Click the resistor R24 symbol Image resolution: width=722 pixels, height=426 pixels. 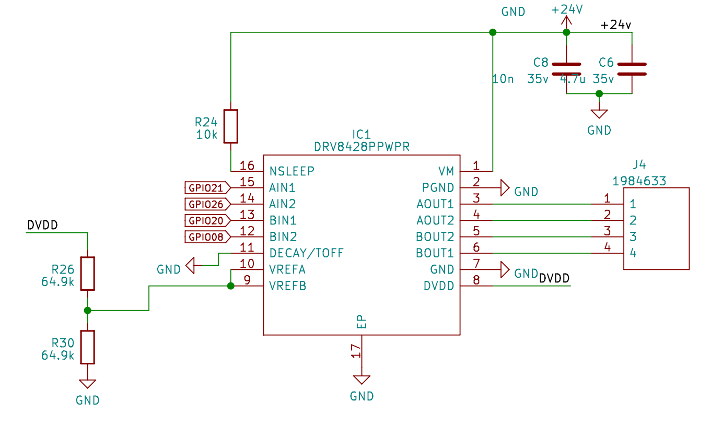click(231, 126)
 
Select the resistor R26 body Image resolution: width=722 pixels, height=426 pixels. click(87, 273)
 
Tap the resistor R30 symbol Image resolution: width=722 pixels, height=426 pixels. click(87, 347)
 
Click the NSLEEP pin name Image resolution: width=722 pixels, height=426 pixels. click(292, 171)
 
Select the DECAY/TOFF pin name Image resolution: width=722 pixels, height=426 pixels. click(307, 253)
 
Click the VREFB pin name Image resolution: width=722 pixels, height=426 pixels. click(288, 286)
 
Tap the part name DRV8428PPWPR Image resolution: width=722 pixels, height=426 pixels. click(362, 147)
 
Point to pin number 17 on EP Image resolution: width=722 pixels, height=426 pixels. click(356, 351)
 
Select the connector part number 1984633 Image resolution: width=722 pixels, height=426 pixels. click(639, 181)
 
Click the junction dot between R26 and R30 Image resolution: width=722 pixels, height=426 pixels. click(87, 310)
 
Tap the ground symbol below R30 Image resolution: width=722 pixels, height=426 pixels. click(87, 384)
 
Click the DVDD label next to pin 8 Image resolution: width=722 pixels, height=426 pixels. click(554, 278)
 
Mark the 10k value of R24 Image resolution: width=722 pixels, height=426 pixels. click(207, 134)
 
